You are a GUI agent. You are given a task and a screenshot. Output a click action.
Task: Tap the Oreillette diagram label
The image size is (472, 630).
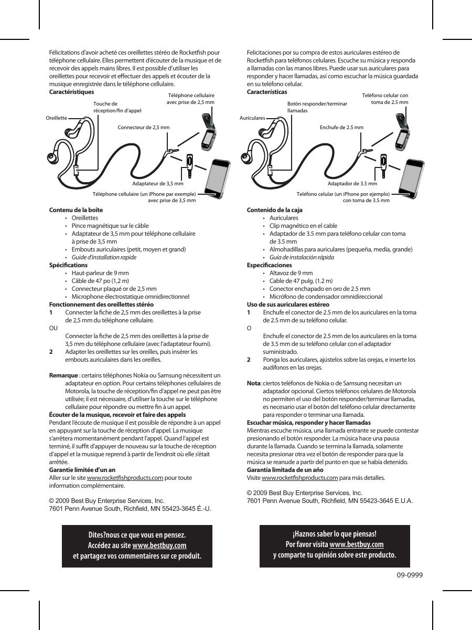57,118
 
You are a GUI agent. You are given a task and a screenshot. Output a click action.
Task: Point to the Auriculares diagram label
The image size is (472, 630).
252,119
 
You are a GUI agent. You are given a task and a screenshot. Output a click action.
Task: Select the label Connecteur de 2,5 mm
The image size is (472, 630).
143,128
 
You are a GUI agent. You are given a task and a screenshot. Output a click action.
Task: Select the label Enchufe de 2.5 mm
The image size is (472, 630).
341,128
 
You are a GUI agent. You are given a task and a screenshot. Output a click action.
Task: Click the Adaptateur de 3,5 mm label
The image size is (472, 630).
157,184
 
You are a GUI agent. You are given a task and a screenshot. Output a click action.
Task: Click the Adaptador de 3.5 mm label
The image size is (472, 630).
352,184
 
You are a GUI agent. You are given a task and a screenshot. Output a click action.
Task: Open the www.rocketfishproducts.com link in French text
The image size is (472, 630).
124,478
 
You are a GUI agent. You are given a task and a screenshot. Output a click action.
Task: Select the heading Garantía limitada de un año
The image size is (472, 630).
285,470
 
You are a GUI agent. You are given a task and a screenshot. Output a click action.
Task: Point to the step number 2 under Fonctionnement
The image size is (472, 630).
51,352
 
